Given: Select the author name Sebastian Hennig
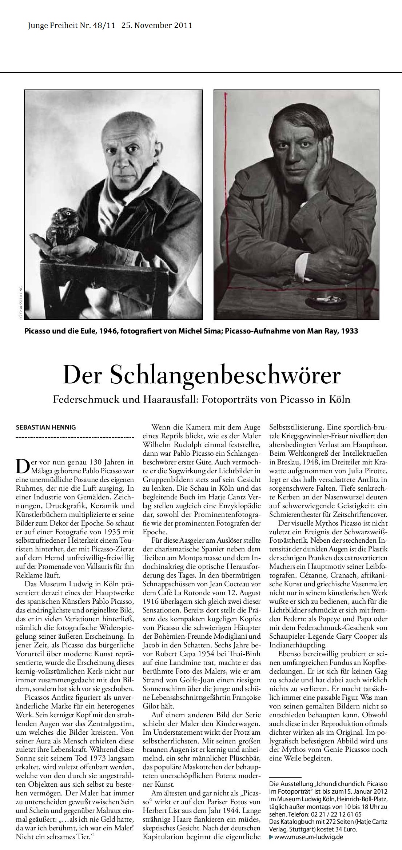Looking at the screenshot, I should point(46,427).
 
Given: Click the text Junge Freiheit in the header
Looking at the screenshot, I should point(50,25).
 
